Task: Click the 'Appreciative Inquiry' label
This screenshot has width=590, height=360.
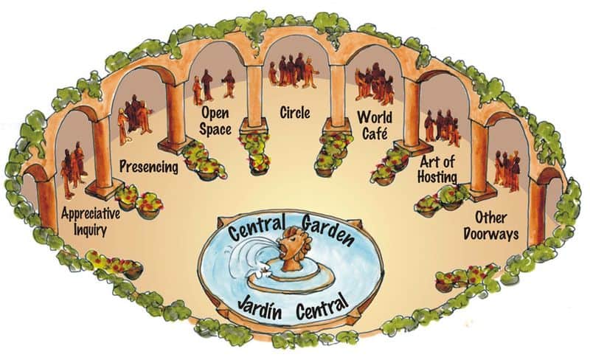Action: tap(91, 222)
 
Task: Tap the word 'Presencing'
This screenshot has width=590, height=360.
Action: tap(149, 167)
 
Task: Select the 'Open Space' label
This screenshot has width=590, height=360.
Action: tap(215, 121)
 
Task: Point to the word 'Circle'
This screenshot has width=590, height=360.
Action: tap(295, 112)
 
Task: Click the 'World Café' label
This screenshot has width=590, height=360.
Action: tap(375, 125)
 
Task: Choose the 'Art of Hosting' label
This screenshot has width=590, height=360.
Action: tap(437, 170)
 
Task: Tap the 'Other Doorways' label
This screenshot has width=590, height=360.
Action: tap(490, 226)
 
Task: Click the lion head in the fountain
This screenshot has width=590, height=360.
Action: tap(294, 247)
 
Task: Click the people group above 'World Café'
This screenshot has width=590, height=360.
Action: tap(375, 83)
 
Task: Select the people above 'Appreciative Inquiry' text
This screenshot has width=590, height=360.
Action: tap(73, 170)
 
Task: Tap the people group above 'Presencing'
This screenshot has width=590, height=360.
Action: tap(135, 119)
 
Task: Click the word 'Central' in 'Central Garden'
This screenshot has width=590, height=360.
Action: tap(256, 227)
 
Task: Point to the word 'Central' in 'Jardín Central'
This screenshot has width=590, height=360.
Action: tap(322, 305)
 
